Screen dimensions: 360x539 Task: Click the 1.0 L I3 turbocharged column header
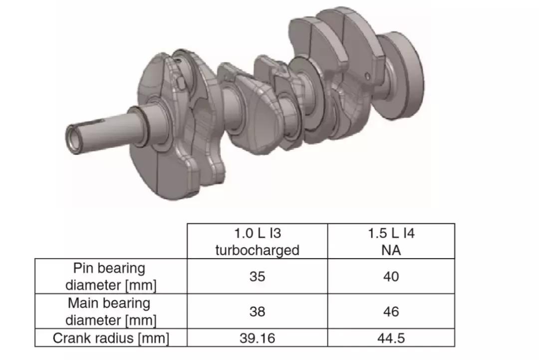coord(257,241)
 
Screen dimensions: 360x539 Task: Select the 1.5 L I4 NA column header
coord(391,241)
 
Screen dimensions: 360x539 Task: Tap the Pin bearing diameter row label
coord(111,276)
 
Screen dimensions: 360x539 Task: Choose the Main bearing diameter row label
coord(111,311)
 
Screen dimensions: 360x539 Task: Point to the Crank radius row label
coord(111,338)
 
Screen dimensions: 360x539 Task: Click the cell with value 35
coord(257,276)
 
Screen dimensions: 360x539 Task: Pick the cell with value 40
coord(391,276)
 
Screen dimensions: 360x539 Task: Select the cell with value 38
coord(257,312)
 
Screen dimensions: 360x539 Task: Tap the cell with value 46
coord(391,312)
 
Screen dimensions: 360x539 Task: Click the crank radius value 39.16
coord(257,338)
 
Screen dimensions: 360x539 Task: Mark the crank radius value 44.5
coord(391,338)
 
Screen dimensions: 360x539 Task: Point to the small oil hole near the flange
coord(367,76)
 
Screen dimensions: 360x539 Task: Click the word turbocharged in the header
coord(257,250)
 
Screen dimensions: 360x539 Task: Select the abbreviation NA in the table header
coord(391,250)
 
